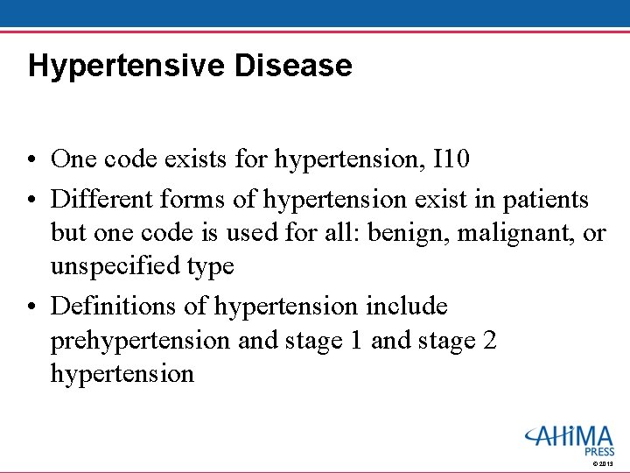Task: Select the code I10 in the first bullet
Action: pyautogui.click(x=451, y=159)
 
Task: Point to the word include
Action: pyautogui.click(x=407, y=307)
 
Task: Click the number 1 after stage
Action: pyautogui.click(x=356, y=340)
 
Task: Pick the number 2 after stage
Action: pyautogui.click(x=489, y=340)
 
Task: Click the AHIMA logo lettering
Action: pyautogui.click(x=570, y=435)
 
